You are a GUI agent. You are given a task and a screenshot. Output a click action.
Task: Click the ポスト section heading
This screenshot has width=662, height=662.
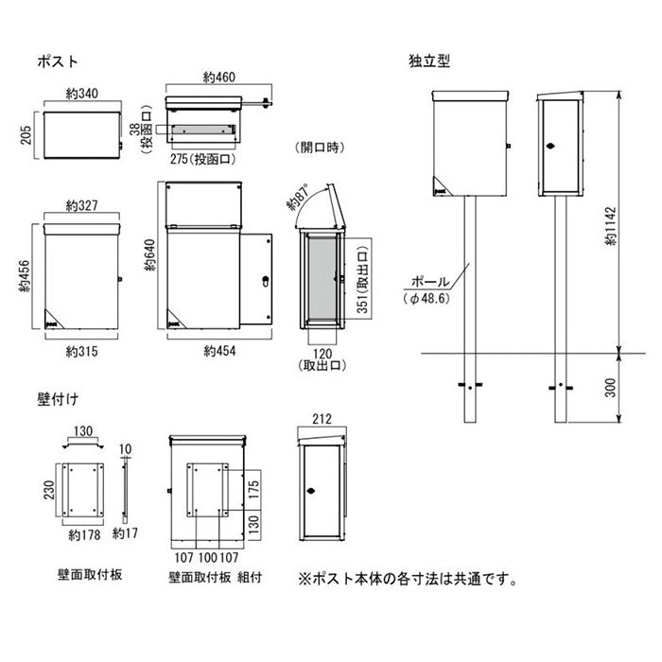pyautogui.click(x=58, y=61)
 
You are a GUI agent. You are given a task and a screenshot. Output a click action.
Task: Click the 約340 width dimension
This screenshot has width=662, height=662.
pyautogui.click(x=84, y=94)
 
